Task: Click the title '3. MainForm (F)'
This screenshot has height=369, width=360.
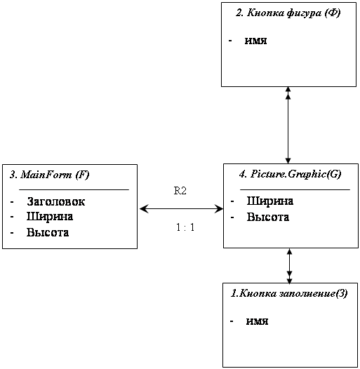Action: pyautogui.click(x=49, y=175)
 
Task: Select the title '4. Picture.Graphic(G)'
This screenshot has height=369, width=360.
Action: pyautogui.click(x=290, y=175)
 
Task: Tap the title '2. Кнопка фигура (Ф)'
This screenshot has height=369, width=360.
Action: pyautogui.click(x=288, y=13)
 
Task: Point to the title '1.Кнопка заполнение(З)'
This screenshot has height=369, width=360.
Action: pyautogui.click(x=289, y=293)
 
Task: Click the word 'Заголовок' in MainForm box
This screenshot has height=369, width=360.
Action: pyautogui.click(x=56, y=201)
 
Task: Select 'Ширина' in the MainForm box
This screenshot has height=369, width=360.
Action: pyautogui.click(x=50, y=217)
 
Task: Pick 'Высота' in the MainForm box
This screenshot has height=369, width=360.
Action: pyautogui.click(x=48, y=232)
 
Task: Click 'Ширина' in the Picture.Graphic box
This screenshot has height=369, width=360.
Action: pyautogui.click(x=270, y=201)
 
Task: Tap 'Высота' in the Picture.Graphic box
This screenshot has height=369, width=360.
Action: pyautogui.click(x=268, y=217)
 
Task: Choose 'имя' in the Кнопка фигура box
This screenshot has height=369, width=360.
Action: pyautogui.click(x=255, y=41)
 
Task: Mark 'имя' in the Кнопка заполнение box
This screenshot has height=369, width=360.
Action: pyautogui.click(x=257, y=321)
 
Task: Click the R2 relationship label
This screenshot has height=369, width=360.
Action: pyautogui.click(x=180, y=191)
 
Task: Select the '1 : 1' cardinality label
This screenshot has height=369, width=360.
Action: pyautogui.click(x=185, y=227)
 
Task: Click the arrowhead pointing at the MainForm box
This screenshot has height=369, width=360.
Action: pyautogui.click(x=144, y=208)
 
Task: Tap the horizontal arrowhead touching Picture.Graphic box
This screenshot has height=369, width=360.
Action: pyautogui.click(x=219, y=208)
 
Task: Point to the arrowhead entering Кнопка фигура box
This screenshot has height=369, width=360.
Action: pyautogui.click(x=288, y=90)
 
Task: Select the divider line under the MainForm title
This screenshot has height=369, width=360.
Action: pyautogui.click(x=74, y=189)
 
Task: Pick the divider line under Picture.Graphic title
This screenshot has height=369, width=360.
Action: pyautogui.click(x=295, y=189)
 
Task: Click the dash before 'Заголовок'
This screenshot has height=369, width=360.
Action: pyautogui.click(x=12, y=202)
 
